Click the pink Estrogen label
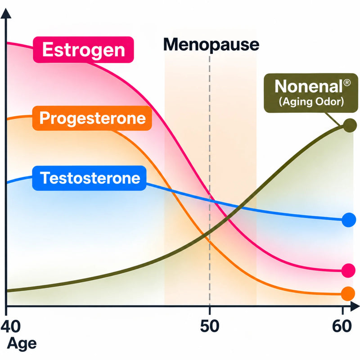click(x=83, y=49)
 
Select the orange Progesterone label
click(x=92, y=118)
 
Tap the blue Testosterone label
click(x=89, y=178)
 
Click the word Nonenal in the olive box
click(x=309, y=86)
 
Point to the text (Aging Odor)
click(x=311, y=102)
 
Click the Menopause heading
click(x=211, y=45)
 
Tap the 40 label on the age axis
click(x=10, y=326)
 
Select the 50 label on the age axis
click(x=210, y=326)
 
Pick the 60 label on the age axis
click(x=342, y=326)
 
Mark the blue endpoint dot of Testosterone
click(x=349, y=220)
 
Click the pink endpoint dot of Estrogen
click(x=348, y=270)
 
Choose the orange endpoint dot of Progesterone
click(x=348, y=294)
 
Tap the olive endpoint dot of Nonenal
click(x=350, y=126)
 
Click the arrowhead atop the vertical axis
click(x=6, y=13)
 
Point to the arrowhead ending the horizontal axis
click(x=355, y=306)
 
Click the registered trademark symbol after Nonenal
click(x=347, y=83)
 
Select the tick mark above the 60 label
click(x=342, y=310)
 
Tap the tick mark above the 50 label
click(x=210, y=310)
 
